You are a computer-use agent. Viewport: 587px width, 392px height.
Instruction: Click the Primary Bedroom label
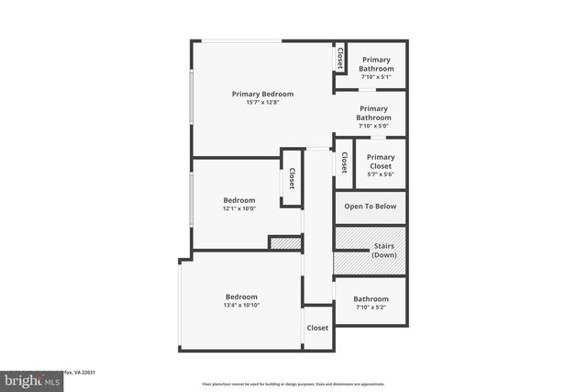[x=262, y=94]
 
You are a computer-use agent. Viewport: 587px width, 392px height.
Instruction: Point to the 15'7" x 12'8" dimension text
[x=262, y=103]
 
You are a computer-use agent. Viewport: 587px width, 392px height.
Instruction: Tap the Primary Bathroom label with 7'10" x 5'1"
[x=377, y=64]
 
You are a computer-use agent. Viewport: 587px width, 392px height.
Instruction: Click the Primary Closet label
[x=381, y=161]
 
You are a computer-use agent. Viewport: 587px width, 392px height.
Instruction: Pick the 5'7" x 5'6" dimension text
[x=381, y=174]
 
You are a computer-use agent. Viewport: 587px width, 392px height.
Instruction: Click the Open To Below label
[x=371, y=206]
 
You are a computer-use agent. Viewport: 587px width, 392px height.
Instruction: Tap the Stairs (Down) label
[x=384, y=250]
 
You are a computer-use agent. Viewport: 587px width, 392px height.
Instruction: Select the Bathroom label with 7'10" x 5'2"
[x=371, y=298]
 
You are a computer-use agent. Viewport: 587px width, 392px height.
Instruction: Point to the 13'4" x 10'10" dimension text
[x=242, y=305]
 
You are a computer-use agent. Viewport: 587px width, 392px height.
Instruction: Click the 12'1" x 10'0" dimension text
[x=239, y=208]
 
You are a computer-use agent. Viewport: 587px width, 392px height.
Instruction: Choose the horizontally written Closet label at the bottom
[x=317, y=328]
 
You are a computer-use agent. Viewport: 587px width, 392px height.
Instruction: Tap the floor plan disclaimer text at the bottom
[x=294, y=384]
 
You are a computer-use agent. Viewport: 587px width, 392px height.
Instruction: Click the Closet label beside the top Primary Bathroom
[x=340, y=58]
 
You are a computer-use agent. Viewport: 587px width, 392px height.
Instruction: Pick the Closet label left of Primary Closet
[x=344, y=163]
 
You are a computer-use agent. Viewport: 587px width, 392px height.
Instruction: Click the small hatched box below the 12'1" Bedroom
[x=284, y=242]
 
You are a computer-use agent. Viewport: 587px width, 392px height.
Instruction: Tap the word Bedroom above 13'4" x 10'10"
[x=242, y=296]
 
